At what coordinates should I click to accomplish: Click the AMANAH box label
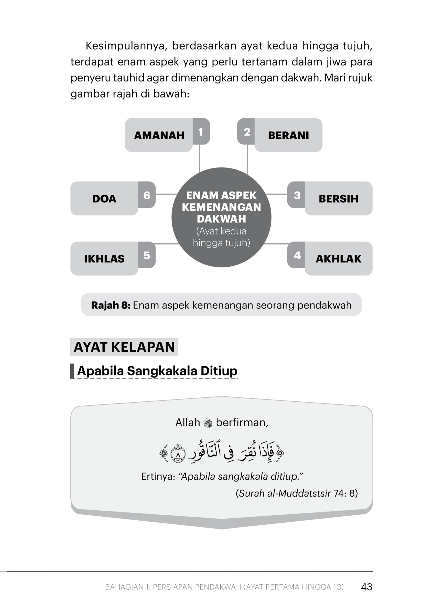pos(159,135)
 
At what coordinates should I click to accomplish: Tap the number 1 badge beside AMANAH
pos(201,132)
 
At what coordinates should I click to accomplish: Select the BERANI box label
pos(288,135)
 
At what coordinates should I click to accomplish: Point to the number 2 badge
pos(247,132)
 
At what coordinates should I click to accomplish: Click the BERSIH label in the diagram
pos(338,199)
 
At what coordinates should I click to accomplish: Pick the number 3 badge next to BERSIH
pos(297,195)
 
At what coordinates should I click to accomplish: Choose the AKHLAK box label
pos(338,258)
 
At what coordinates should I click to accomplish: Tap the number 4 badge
pos(297,255)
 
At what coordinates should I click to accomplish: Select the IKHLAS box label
pos(104,258)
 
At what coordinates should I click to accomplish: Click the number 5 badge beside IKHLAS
pos(147,255)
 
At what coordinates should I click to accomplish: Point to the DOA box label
pos(104,199)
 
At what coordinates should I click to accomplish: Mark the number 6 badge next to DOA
pos(147,195)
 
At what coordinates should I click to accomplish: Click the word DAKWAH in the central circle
pos(221,219)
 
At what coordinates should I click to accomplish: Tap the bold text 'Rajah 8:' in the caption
pos(111,305)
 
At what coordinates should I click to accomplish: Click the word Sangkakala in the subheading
pos(162,371)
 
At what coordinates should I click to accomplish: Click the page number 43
pos(366,587)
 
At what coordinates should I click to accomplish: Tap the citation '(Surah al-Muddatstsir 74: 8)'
pos(297,493)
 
